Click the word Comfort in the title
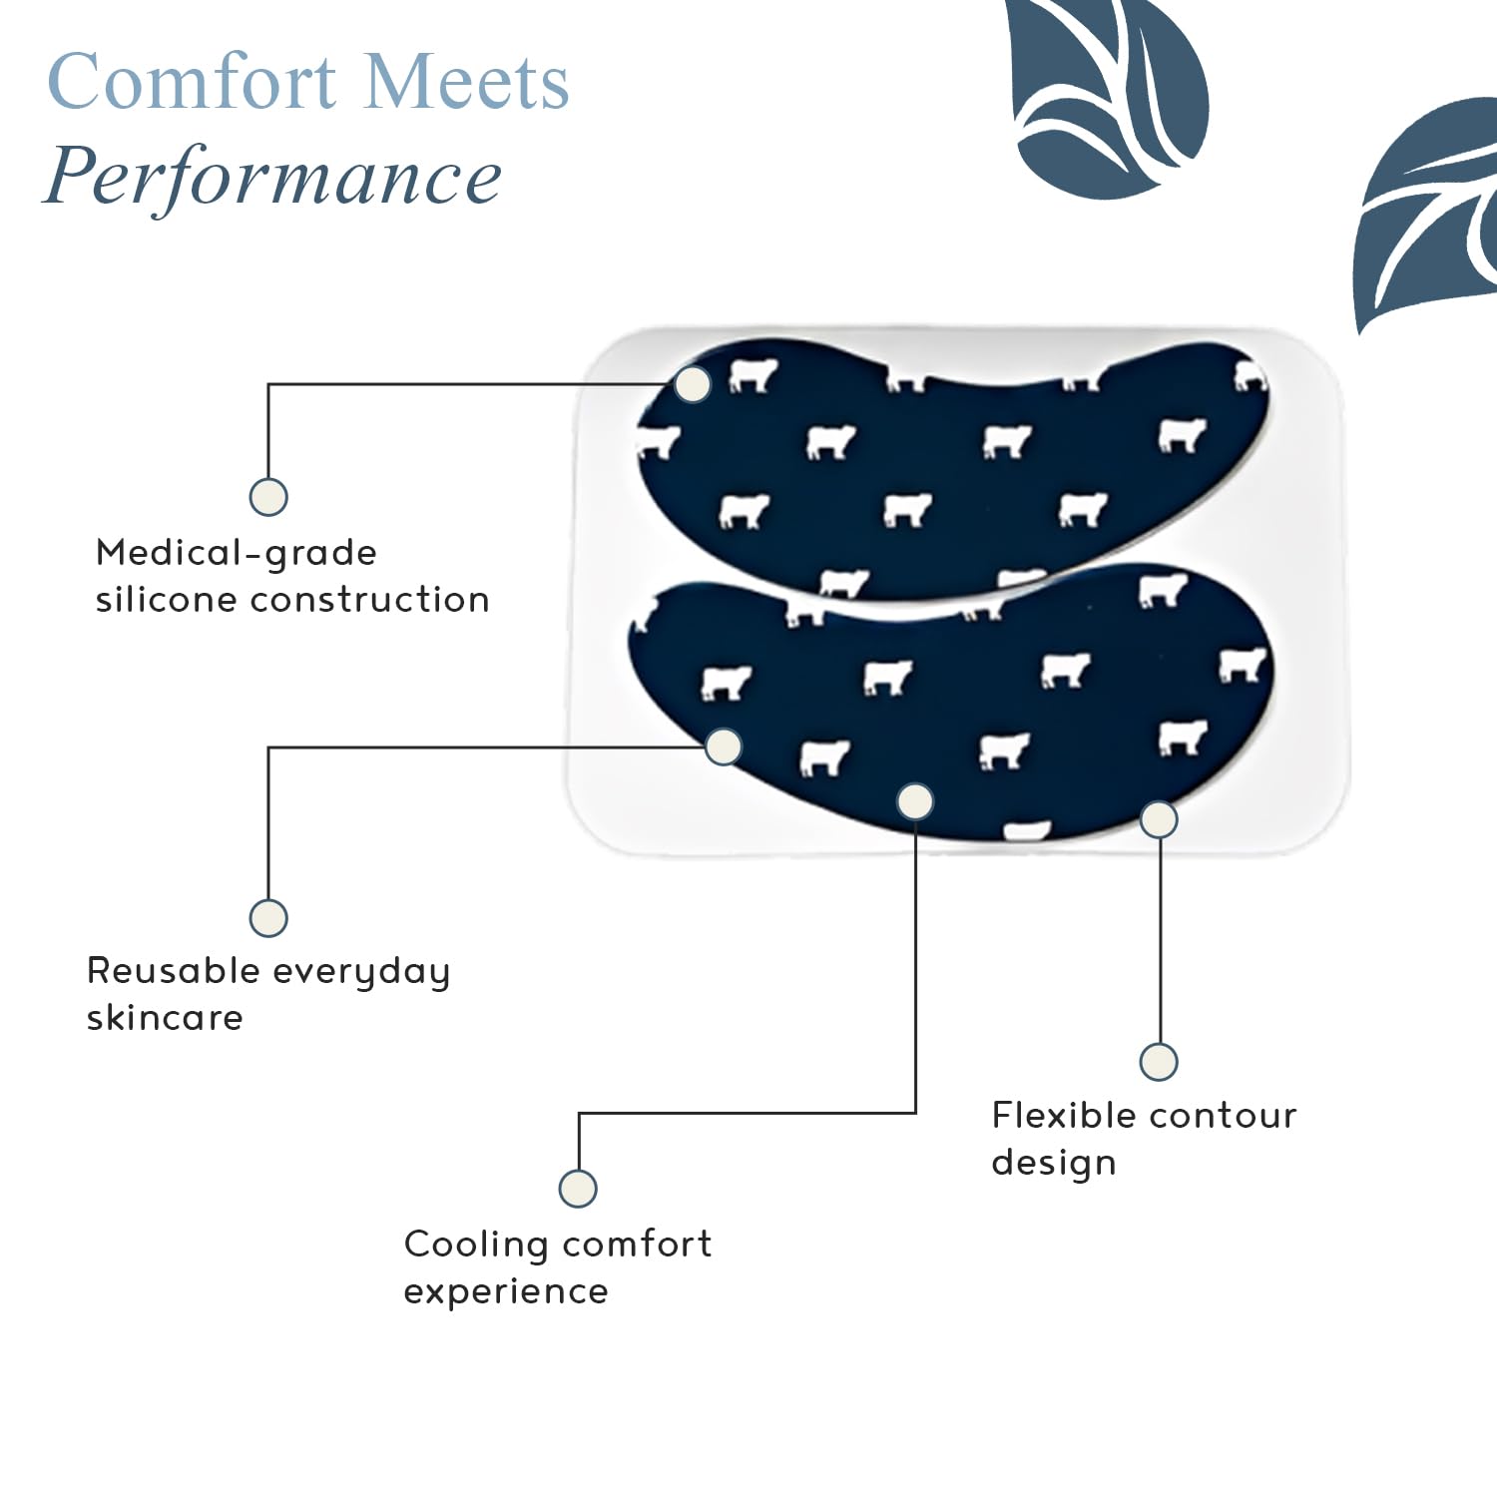click(193, 81)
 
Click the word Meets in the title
click(466, 81)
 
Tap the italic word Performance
click(272, 176)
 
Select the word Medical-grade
click(237, 553)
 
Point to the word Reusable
click(174, 970)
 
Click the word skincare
click(165, 1017)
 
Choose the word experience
click(506, 1292)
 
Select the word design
click(1054, 1164)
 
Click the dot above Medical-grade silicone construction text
click(268, 496)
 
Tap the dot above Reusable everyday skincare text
click(268, 918)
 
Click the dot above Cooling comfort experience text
click(578, 1189)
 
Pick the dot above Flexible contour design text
click(1159, 1062)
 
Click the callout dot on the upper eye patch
click(693, 384)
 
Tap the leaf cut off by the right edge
click(1428, 214)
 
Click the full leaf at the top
click(1106, 95)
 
